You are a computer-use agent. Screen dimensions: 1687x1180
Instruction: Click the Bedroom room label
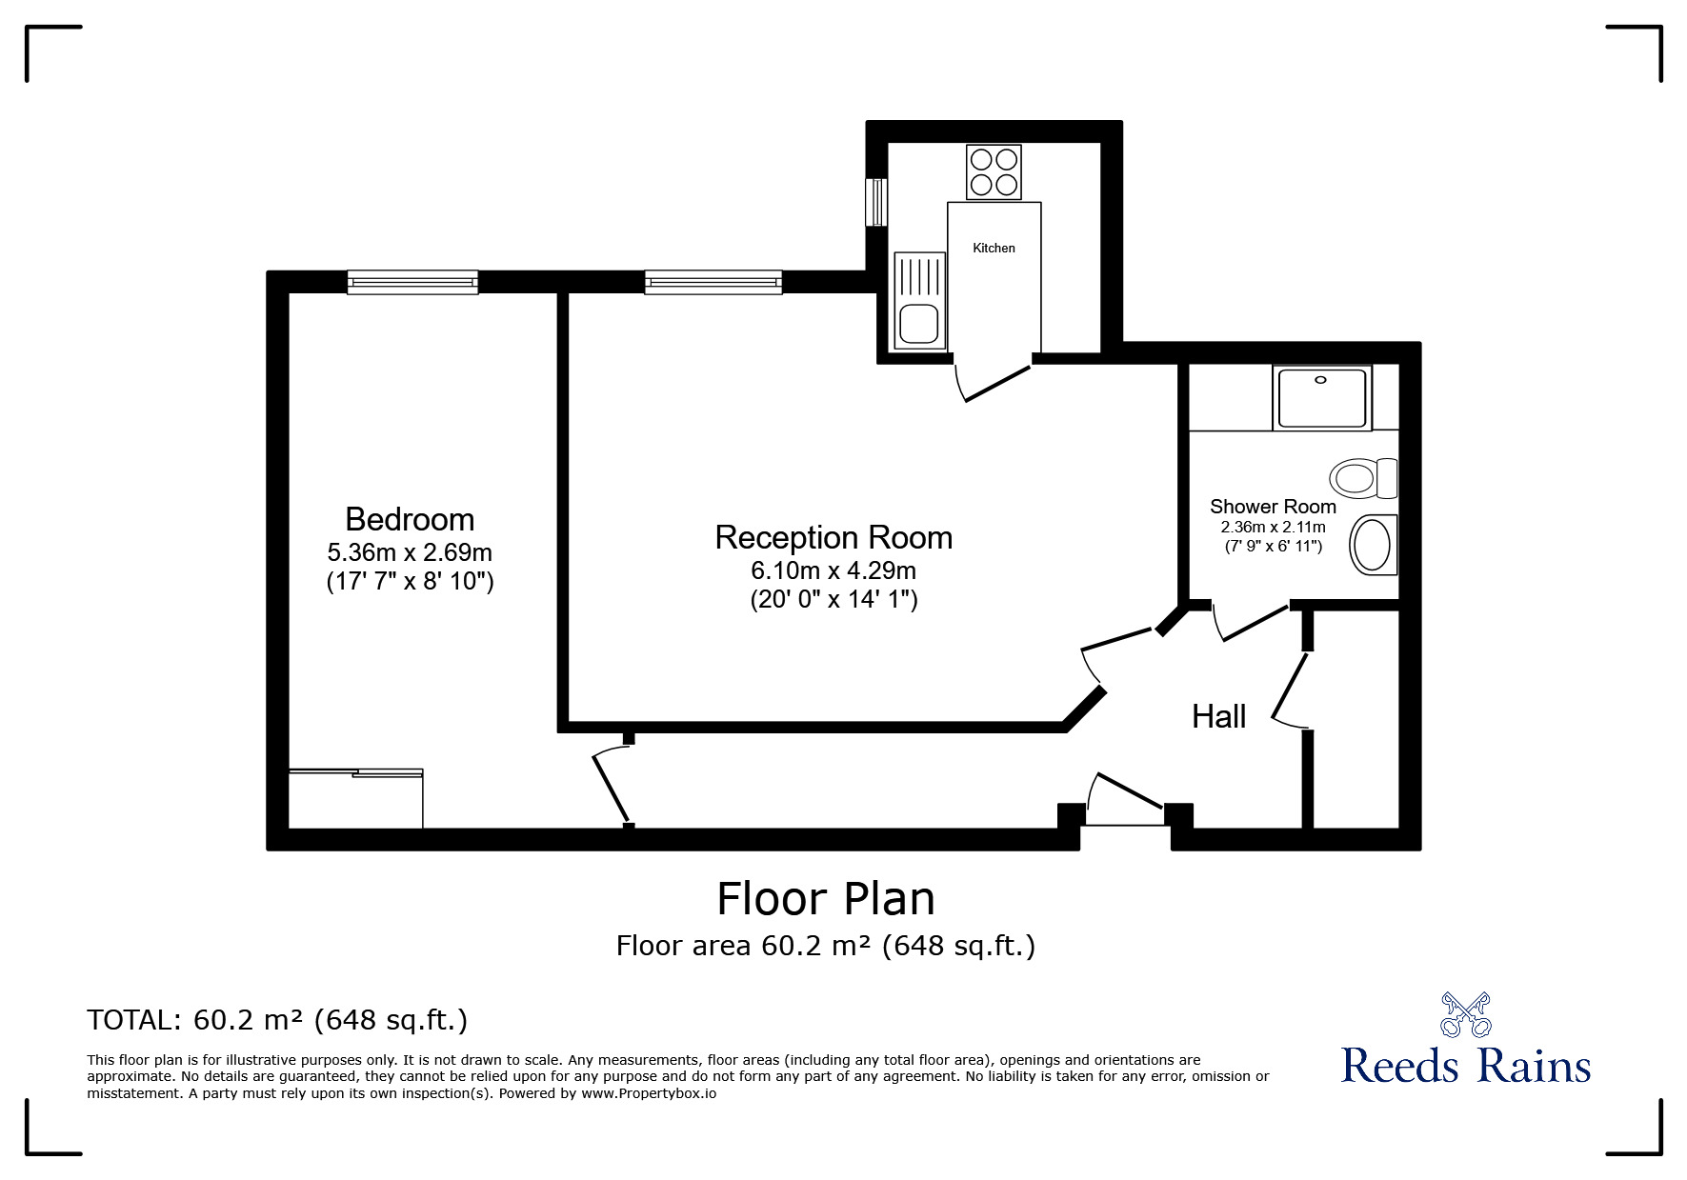pyautogui.click(x=410, y=519)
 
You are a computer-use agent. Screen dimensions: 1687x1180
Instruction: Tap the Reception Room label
pyautogui.click(x=833, y=537)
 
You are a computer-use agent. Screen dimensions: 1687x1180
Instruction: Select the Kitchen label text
pyautogui.click(x=994, y=248)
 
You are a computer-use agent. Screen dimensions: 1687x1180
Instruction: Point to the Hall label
pyautogui.click(x=1218, y=716)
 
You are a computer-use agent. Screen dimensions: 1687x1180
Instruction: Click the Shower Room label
pyautogui.click(x=1273, y=507)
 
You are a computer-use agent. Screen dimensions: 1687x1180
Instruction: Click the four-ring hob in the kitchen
pyautogui.click(x=994, y=172)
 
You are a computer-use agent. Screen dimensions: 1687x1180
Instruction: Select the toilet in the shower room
pyautogui.click(x=1363, y=477)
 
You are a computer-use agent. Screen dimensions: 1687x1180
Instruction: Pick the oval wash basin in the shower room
pyautogui.click(x=1374, y=545)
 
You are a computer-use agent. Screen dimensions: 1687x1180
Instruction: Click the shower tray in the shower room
pyautogui.click(x=1322, y=398)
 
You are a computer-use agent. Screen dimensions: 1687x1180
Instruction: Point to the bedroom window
pyautogui.click(x=412, y=282)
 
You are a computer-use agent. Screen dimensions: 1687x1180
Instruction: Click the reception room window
pyautogui.click(x=713, y=282)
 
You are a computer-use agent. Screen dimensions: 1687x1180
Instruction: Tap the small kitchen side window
pyautogui.click(x=876, y=202)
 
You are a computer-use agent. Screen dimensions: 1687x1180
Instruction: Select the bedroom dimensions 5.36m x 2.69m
pyautogui.click(x=410, y=552)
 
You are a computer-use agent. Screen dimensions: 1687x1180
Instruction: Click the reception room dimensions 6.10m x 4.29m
pyautogui.click(x=833, y=570)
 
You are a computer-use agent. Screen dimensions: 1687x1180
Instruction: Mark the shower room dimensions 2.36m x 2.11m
pyautogui.click(x=1273, y=527)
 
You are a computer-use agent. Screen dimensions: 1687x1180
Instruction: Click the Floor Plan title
pyautogui.click(x=826, y=898)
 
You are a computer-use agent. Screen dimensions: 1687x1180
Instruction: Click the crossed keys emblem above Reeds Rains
pyautogui.click(x=1465, y=1014)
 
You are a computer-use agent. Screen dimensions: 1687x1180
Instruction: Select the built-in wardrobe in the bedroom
pyautogui.click(x=355, y=798)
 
